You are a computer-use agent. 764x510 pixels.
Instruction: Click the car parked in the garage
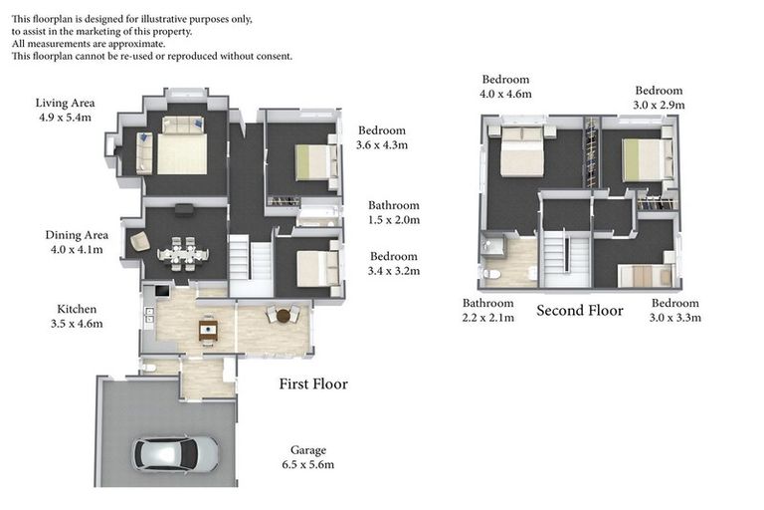tap(176, 454)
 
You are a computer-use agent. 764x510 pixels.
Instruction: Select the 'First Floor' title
tap(313, 383)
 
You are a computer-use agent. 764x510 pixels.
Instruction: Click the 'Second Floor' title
tap(579, 311)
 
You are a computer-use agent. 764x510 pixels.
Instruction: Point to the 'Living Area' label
tap(64, 103)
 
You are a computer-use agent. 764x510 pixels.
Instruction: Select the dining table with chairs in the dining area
tap(183, 253)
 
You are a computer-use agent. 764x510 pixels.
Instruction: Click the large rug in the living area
tap(181, 153)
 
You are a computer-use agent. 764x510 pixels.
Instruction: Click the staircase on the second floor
tap(564, 260)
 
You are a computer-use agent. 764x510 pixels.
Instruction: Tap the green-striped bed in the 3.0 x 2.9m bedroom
tap(643, 158)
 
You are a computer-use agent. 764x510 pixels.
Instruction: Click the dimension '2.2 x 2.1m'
tap(487, 318)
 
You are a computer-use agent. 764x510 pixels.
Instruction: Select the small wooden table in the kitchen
tap(208, 328)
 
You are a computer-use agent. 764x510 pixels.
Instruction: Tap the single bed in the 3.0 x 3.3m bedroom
tap(643, 275)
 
